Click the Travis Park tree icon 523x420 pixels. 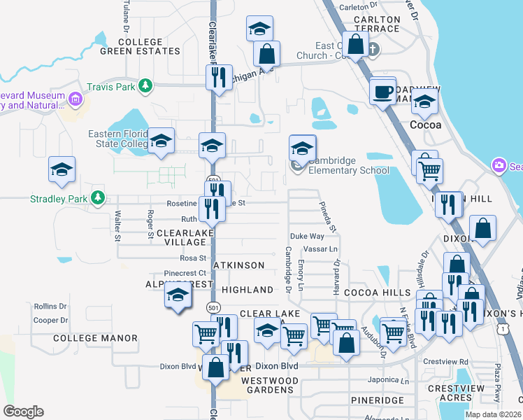[x=145, y=87]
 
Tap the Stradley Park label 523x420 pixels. [x=59, y=199]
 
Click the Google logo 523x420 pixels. [x=23, y=412]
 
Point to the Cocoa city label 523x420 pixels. [x=425, y=125]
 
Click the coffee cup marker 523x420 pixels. [x=383, y=92]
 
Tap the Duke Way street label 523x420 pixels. [x=308, y=237]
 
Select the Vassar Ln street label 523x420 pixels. [x=323, y=249]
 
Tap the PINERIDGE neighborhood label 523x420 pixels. [x=378, y=400]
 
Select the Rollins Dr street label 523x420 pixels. [x=50, y=307]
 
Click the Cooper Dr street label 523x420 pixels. [x=50, y=321]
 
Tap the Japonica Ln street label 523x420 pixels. [x=388, y=381]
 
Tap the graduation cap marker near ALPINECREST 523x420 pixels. [x=178, y=296]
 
